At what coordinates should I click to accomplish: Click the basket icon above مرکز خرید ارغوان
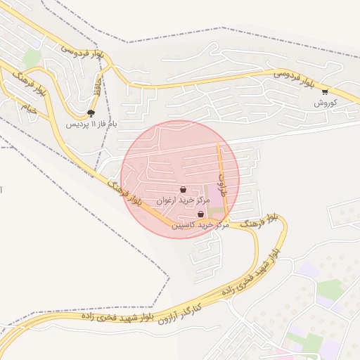point(184,189)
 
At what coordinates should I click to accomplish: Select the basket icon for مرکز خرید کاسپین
point(201,214)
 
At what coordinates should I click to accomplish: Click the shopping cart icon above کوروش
point(325,91)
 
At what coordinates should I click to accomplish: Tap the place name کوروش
point(326,103)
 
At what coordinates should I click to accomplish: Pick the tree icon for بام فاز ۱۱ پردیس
point(91,113)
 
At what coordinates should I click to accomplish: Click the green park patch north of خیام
point(31,58)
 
